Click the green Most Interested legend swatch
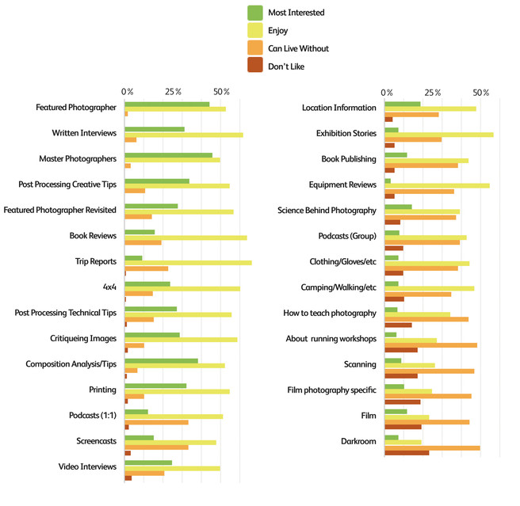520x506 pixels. pyautogui.click(x=255, y=13)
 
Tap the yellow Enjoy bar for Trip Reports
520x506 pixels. pyautogui.click(x=188, y=262)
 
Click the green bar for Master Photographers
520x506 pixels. pyautogui.click(x=168, y=155)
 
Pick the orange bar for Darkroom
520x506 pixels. pyautogui.click(x=432, y=448)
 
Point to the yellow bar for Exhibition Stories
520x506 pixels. pyautogui.click(x=438, y=134)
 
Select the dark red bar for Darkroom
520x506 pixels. pyautogui.click(x=407, y=454)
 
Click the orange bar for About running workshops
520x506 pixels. pyautogui.click(x=430, y=345)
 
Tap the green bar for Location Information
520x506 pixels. pyautogui.click(x=402, y=104)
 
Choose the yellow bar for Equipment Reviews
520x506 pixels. pyautogui.click(x=437, y=185)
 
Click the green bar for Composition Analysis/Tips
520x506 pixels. pyautogui.click(x=161, y=360)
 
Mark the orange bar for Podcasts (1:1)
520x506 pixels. pyautogui.click(x=156, y=422)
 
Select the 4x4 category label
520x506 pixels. pyautogui.click(x=109, y=287)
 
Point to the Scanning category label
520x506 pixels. pyautogui.click(x=359, y=364)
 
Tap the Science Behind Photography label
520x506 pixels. pyautogui.click(x=327, y=211)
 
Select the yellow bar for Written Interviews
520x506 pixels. pyautogui.click(x=184, y=135)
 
